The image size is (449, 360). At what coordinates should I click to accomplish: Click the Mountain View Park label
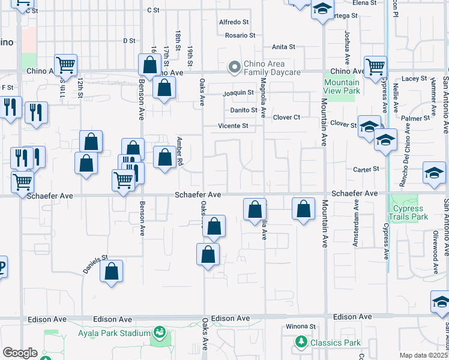pyautogui.click(x=342, y=86)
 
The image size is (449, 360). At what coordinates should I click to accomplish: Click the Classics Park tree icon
pyautogui.click(x=301, y=343)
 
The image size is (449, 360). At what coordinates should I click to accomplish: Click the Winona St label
pyautogui.click(x=300, y=326)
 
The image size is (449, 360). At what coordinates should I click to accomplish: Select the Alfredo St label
pyautogui.click(x=234, y=22)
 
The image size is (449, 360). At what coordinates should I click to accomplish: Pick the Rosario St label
pyautogui.click(x=240, y=35)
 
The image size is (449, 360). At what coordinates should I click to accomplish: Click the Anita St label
pyautogui.click(x=283, y=47)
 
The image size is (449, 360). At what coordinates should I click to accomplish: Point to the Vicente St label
pyautogui.click(x=233, y=126)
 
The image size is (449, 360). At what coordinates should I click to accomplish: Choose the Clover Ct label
pyautogui.click(x=286, y=118)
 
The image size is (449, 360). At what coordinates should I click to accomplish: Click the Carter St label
pyautogui.click(x=366, y=169)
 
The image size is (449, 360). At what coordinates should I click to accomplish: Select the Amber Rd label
pyautogui.click(x=179, y=151)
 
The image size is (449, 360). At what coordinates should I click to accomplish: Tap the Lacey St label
pyautogui.click(x=414, y=79)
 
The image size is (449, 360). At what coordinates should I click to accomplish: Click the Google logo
pyautogui.click(x=20, y=353)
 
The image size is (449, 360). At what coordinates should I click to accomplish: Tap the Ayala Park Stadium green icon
pyautogui.click(x=160, y=332)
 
